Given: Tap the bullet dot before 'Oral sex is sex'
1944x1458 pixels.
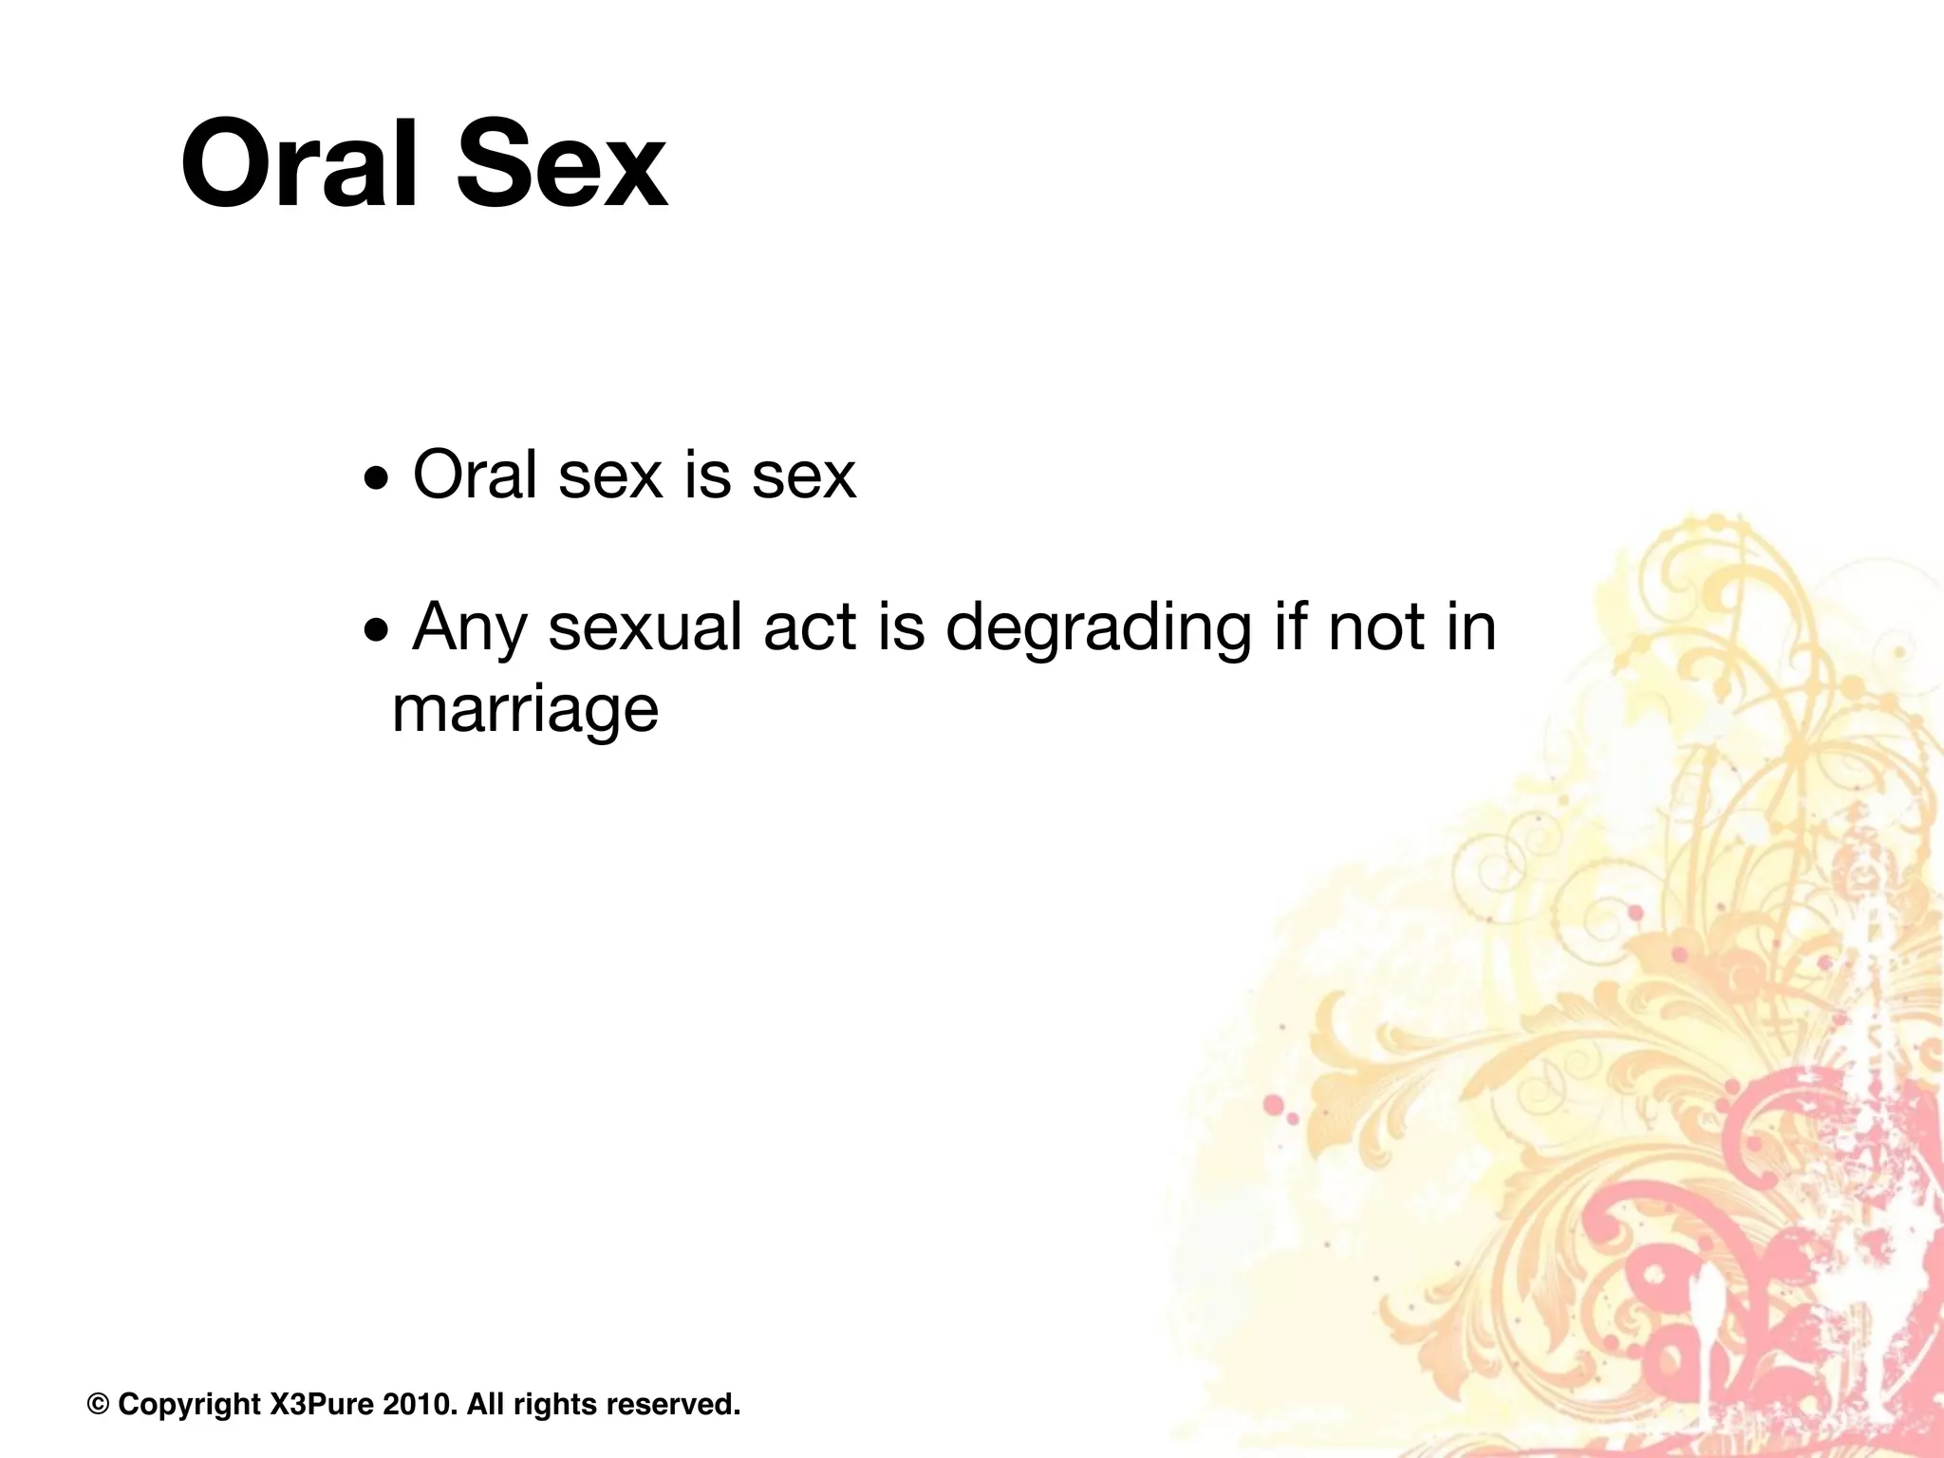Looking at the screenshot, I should [x=377, y=480].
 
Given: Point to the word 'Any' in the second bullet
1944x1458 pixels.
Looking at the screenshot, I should [x=469, y=628].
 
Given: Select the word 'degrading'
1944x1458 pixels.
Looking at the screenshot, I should [x=1098, y=628].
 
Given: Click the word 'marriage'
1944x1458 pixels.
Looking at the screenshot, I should [x=525, y=710].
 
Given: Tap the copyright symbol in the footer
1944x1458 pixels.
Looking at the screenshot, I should [x=98, y=1404].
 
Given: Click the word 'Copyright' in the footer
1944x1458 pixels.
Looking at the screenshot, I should [x=189, y=1404].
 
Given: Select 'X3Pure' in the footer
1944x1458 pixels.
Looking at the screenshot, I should [x=322, y=1404].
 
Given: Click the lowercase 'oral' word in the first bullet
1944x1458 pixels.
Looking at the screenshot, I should [x=475, y=475].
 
